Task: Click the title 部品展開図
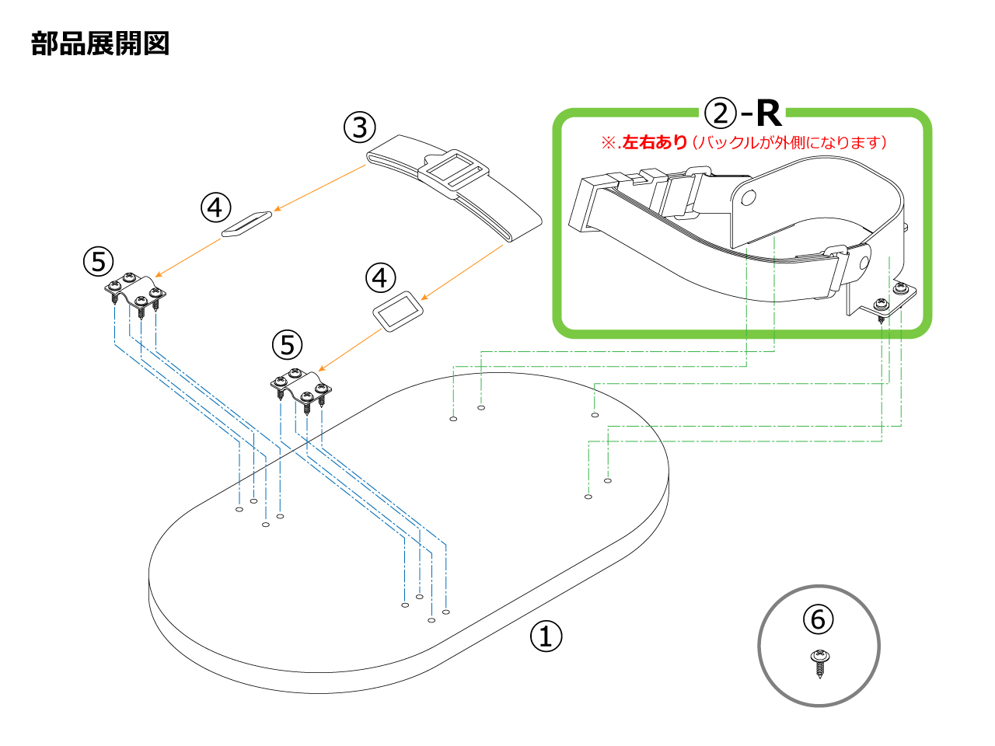point(100,44)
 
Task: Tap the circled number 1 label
point(546,636)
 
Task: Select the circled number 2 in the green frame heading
point(720,113)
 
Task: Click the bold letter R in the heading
point(767,113)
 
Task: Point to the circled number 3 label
point(359,127)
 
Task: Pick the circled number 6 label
point(818,619)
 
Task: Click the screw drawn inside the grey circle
point(819,663)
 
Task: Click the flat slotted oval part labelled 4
point(246,223)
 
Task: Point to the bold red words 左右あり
point(655,142)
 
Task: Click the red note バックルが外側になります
point(789,142)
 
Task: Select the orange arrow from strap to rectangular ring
point(463,271)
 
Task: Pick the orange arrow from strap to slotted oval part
point(319,187)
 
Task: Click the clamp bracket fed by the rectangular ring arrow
point(301,388)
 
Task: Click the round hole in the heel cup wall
point(748,198)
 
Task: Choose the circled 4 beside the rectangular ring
point(380,277)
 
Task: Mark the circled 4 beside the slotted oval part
point(215,207)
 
